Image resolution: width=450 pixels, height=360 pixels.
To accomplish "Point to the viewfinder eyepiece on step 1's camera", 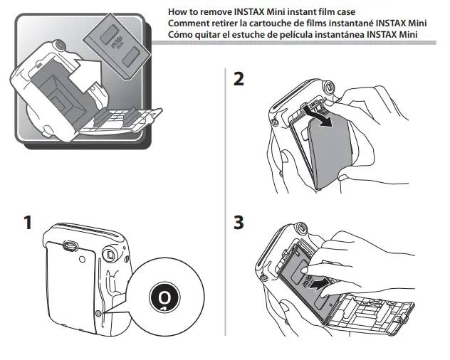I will point(110,253).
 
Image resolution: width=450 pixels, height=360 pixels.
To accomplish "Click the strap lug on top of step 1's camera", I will point(70,245).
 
